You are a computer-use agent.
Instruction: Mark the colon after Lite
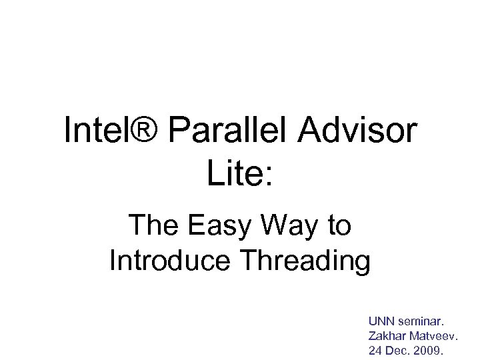click(x=268, y=176)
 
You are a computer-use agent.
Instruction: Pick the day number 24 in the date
click(x=375, y=350)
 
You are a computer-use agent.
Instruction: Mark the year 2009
click(x=431, y=350)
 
